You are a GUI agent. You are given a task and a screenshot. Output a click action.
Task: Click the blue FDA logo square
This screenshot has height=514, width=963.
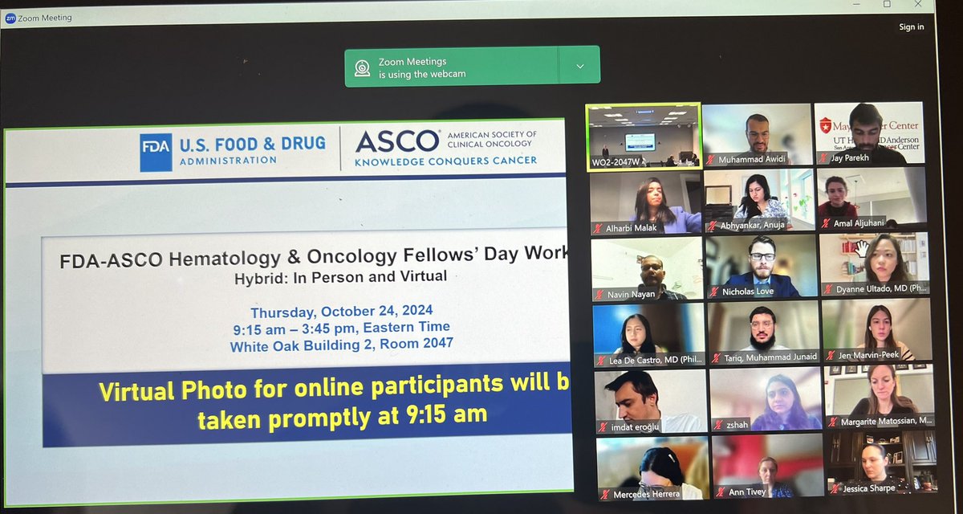[x=156, y=153]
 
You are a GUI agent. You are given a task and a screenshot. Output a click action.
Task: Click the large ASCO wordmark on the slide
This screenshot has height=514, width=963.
[x=396, y=141]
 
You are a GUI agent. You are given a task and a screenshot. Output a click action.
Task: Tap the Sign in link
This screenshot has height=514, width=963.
[x=911, y=27]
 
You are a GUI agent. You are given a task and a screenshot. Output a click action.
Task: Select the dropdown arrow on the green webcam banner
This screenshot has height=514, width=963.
[x=579, y=67]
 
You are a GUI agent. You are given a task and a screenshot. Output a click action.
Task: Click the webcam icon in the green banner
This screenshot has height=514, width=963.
[x=363, y=67]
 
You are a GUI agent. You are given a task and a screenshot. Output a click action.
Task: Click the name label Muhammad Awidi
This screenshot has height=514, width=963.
[x=753, y=158]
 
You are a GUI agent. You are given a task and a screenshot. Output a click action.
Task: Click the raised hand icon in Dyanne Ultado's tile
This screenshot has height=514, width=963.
[x=862, y=248]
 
